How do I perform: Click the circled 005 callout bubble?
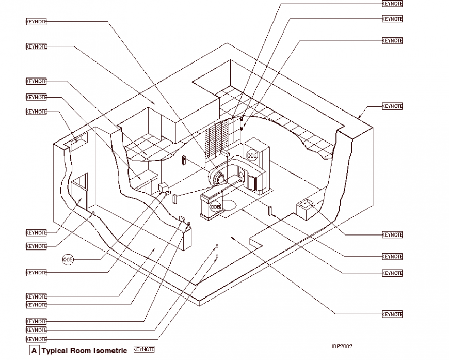point(68,259)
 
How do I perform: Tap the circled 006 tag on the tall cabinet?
point(252,155)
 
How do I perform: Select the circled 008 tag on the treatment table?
point(215,207)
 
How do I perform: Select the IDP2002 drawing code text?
point(342,347)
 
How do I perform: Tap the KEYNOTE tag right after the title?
point(143,350)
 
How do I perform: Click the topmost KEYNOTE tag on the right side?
point(392,4)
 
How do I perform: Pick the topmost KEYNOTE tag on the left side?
point(36,21)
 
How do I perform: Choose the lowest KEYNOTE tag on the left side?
point(36,339)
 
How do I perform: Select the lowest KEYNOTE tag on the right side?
point(392,314)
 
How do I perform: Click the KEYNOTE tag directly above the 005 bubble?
point(36,246)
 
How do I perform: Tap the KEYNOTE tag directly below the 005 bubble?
point(36,272)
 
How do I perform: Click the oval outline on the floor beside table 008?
point(230,206)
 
